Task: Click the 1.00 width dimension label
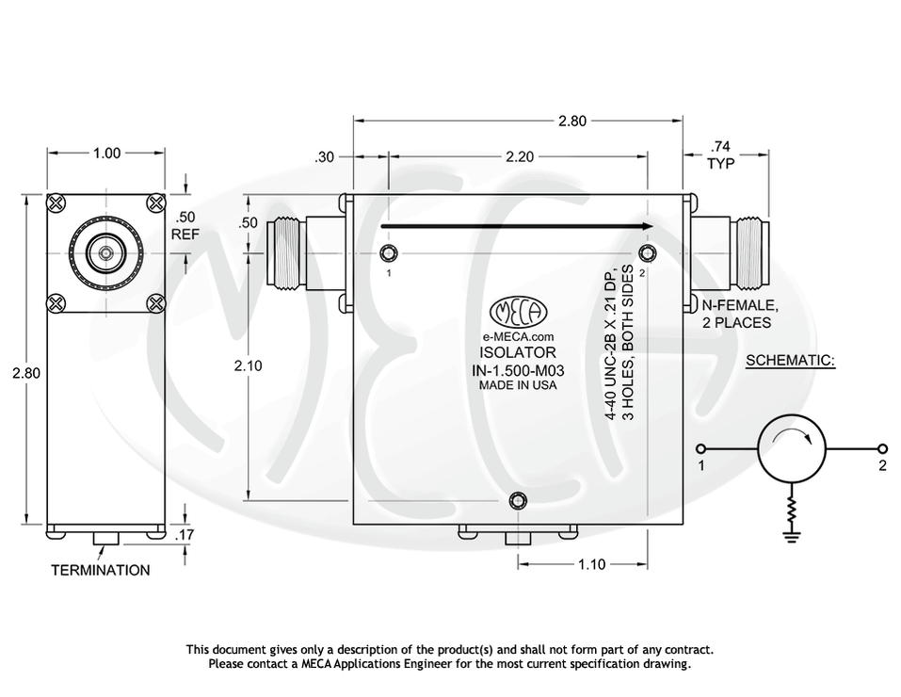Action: click(106, 154)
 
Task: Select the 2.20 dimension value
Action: click(520, 157)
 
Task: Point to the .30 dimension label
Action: click(326, 157)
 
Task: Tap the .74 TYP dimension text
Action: click(721, 154)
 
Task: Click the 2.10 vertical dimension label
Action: click(248, 367)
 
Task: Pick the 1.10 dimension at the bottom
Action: click(591, 564)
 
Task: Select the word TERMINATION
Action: click(100, 570)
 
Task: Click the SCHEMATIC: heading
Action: click(790, 361)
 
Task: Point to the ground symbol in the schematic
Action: click(792, 537)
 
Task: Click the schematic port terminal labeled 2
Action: click(883, 448)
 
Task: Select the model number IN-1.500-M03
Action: click(516, 370)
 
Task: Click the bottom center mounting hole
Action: click(516, 500)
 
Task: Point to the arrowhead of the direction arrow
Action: click(646, 226)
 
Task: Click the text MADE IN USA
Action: click(517, 385)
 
